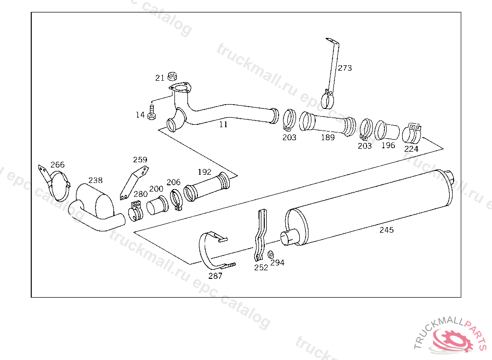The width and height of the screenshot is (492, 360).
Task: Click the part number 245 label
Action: pyautogui.click(x=386, y=230)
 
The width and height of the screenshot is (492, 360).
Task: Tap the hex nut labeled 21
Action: pyautogui.click(x=172, y=76)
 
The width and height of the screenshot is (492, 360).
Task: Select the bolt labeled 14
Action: pyautogui.click(x=151, y=112)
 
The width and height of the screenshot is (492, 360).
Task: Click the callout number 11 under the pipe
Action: pyautogui.click(x=223, y=124)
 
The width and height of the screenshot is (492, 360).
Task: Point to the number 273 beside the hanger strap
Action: pyautogui.click(x=344, y=68)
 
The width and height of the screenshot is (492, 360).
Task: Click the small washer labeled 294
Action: pyautogui.click(x=271, y=254)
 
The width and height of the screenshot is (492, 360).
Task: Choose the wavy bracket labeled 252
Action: pyautogui.click(x=261, y=235)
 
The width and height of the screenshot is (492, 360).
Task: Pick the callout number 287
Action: pyautogui.click(x=215, y=276)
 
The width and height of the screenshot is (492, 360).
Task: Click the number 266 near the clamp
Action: pyautogui.click(x=58, y=165)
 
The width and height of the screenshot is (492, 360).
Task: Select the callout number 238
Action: pyautogui.click(x=95, y=180)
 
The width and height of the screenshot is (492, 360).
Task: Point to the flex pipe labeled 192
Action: pyautogui.click(x=207, y=187)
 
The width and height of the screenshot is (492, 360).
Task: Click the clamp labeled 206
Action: pyautogui.click(x=177, y=200)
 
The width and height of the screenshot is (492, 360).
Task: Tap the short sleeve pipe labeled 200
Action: pyautogui.click(x=157, y=205)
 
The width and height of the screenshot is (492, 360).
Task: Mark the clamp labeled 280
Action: pyautogui.click(x=135, y=211)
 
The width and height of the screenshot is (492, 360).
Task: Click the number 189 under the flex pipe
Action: pyautogui.click(x=328, y=137)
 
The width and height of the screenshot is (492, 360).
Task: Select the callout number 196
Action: pyautogui.click(x=388, y=145)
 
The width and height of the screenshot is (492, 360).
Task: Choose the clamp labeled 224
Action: pyautogui.click(x=412, y=133)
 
